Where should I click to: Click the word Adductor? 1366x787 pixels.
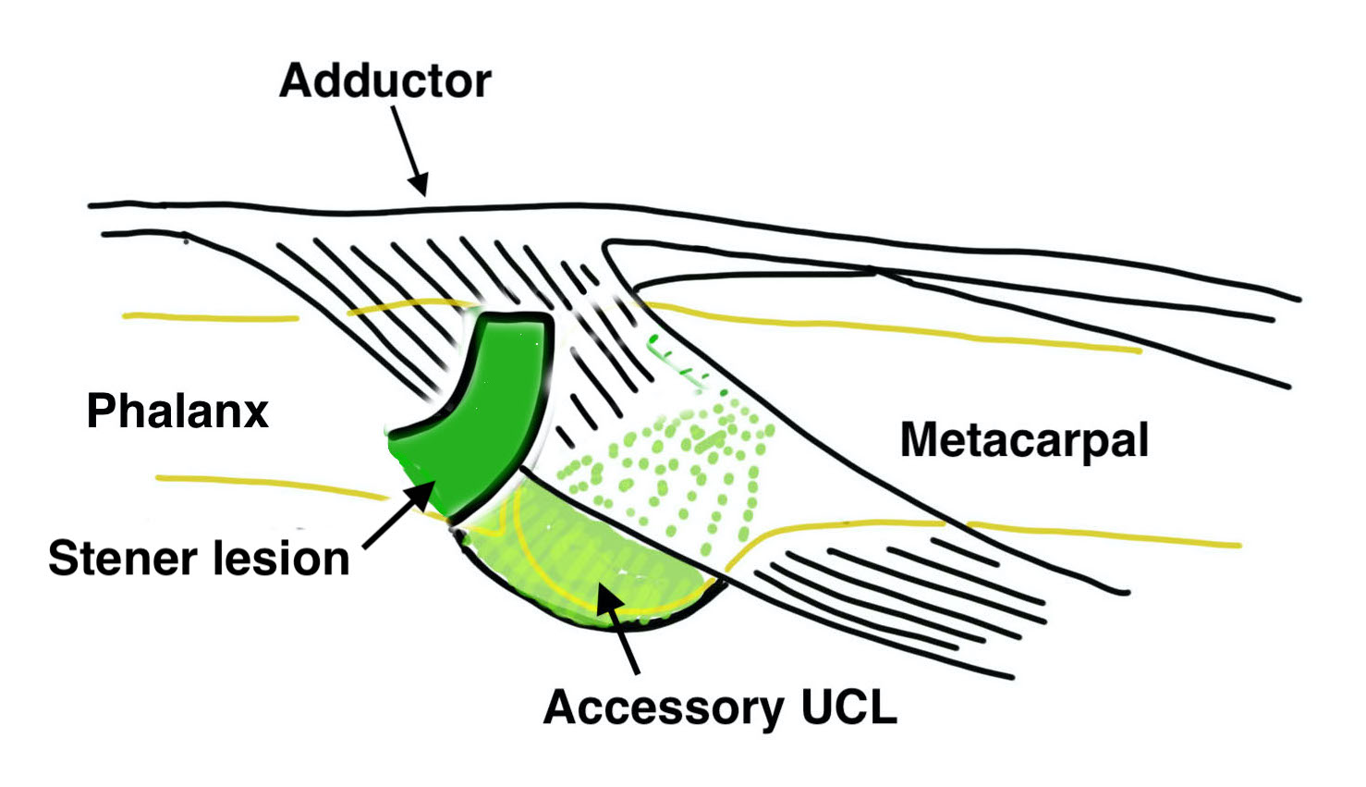[x=384, y=81]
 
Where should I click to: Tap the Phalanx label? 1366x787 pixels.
[x=177, y=412]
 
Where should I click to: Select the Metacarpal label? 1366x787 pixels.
[x=1024, y=441]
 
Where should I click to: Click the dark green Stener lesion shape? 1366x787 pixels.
[x=490, y=407]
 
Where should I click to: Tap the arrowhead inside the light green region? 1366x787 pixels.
[x=605, y=594]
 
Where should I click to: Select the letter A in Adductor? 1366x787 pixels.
[x=293, y=81]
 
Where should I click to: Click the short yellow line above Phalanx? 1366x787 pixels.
[x=211, y=317]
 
